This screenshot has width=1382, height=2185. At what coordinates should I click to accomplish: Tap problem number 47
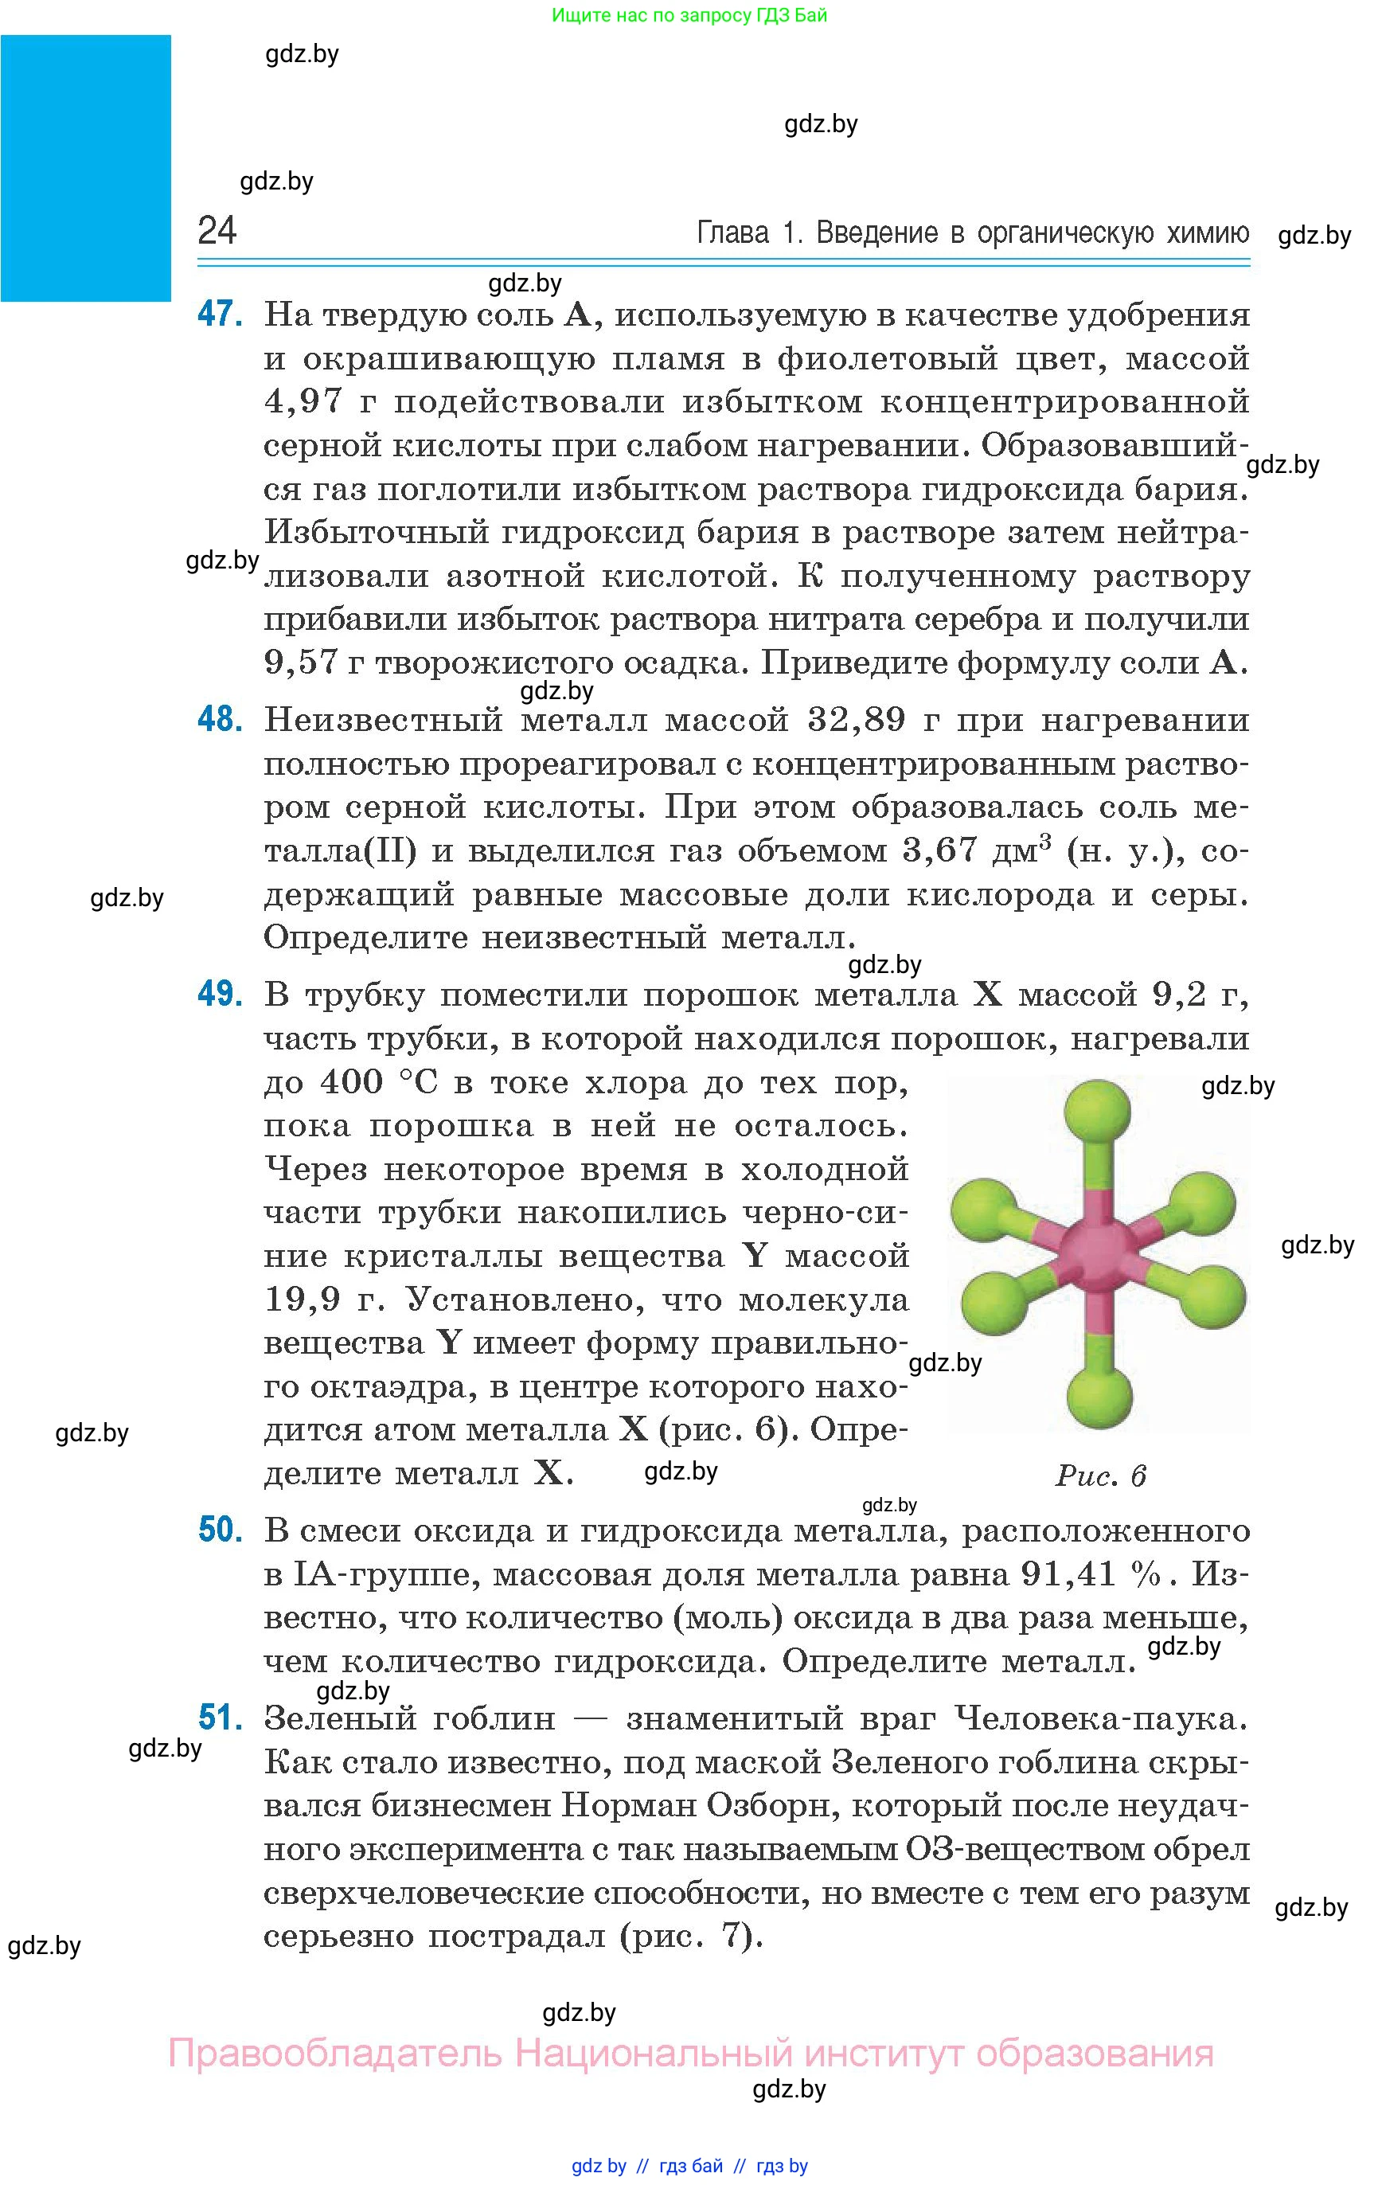pos(221,314)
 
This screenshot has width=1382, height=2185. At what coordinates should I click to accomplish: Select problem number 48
pos(221,720)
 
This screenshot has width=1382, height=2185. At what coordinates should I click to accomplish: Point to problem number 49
pos(221,995)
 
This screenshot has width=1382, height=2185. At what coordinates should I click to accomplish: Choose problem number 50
pos(221,1530)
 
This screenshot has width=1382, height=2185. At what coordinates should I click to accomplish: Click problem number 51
pos(221,1718)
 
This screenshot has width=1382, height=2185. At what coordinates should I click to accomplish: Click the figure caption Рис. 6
pos(1100,1476)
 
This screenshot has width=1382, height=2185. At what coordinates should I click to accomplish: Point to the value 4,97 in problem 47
pos(303,402)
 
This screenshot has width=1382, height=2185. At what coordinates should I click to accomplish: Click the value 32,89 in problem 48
pos(856,721)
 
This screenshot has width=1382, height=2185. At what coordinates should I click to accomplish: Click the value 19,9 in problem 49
pos(303,1300)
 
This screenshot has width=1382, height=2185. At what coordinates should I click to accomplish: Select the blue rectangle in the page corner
pos(85,168)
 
